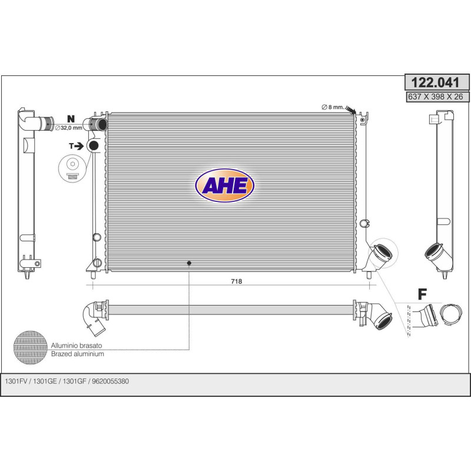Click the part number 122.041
pos(435,82)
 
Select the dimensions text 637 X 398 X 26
pos(435,97)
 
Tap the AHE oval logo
pos(225,185)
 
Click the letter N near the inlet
pos(71,119)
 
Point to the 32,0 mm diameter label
pos(69,128)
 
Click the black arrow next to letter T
pos(79,146)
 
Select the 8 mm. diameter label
pos(333,107)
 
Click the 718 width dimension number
pos(237,281)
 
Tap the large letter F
pos(422,294)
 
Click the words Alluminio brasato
pos(77,346)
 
